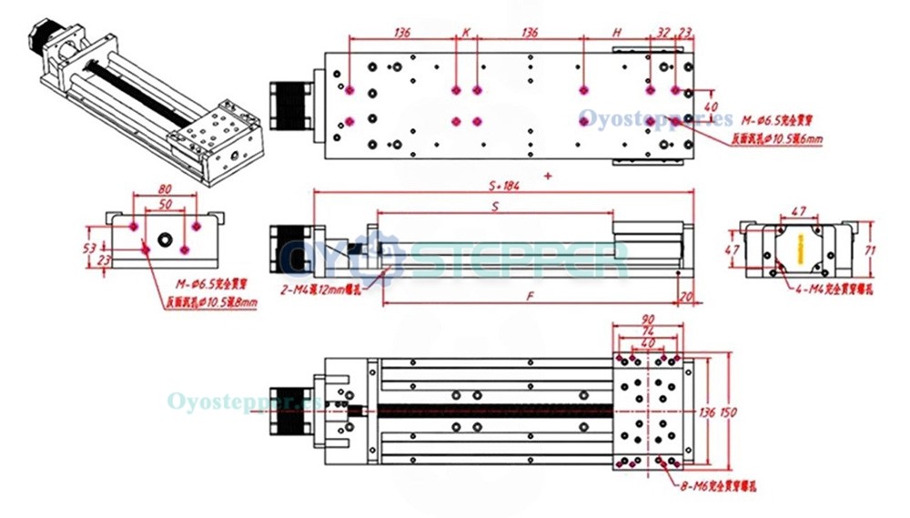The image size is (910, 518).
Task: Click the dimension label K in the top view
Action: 466,32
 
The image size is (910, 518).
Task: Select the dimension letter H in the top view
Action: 616,32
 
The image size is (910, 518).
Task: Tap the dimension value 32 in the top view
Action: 662,32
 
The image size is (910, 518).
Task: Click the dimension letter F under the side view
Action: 531,297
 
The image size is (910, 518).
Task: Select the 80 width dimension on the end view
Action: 165,190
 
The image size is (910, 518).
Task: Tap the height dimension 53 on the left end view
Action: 89,247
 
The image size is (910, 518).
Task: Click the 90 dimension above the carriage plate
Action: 647,320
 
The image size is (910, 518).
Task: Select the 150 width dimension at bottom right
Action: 728,412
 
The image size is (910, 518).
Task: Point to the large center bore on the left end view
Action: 165,240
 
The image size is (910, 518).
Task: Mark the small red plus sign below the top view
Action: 547,174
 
